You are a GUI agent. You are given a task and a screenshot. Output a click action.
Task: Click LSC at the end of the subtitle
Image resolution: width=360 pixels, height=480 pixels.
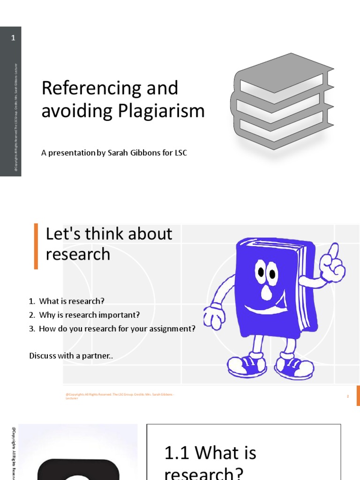pos(180,153)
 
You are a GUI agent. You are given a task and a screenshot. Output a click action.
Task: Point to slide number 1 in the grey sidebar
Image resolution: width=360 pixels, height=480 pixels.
pos(13,38)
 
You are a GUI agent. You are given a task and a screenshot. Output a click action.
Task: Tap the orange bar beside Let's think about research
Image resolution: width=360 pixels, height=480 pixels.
pos(36,246)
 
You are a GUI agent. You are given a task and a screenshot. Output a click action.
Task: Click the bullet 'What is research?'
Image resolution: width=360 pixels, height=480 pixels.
pos(72,301)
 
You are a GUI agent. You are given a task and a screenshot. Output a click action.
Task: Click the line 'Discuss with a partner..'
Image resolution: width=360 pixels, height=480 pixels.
pos(71,356)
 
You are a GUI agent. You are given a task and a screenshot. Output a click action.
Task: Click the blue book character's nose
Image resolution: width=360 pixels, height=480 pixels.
pos(267,292)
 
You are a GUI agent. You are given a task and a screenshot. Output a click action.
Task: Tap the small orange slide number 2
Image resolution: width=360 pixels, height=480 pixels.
pos(348,396)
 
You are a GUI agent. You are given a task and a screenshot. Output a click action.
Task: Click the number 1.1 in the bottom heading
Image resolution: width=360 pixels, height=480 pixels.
pos(176,454)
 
